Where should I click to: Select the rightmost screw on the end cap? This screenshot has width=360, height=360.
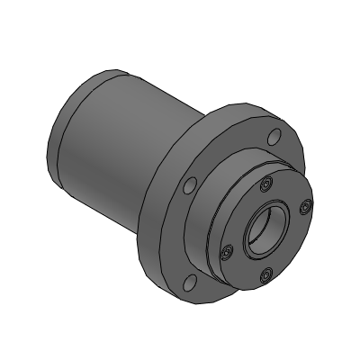click(x=304, y=207)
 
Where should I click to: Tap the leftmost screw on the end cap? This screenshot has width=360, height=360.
click(x=228, y=248)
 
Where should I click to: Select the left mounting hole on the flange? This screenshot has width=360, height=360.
click(x=189, y=185)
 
